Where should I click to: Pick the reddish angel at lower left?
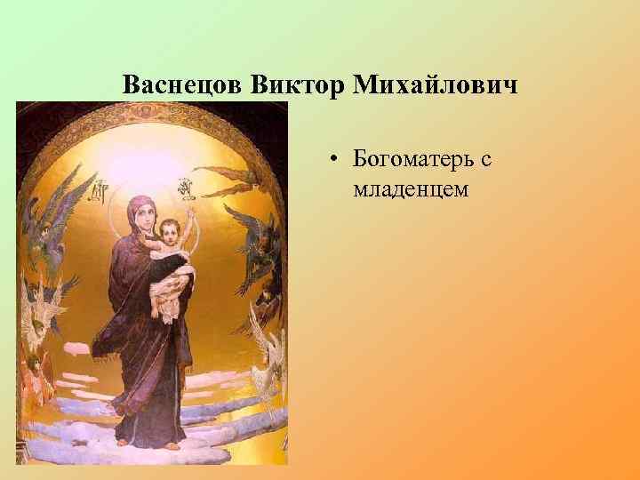click(36, 373)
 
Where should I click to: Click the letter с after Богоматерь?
click(485, 160)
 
